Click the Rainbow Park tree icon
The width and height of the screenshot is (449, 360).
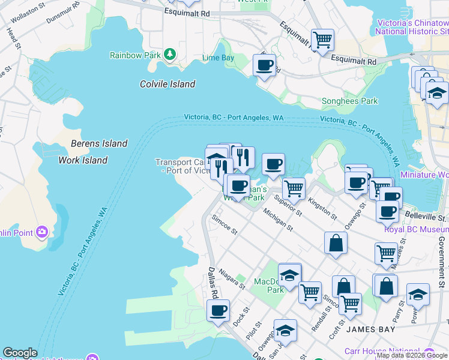pos(170,55)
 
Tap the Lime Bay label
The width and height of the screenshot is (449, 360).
pos(218,58)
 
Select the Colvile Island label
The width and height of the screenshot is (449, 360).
pos(167,84)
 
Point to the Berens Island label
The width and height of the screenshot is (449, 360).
pos(99,143)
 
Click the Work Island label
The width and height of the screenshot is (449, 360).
pos(83,160)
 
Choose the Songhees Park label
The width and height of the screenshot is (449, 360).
pos(350,101)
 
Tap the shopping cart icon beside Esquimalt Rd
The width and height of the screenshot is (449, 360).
pos(323,40)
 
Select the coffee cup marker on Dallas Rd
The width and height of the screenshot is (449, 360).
pos(218,311)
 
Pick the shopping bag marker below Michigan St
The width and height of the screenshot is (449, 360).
pos(336,243)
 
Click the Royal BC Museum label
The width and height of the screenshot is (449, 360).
pos(416,229)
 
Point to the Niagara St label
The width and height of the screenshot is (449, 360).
pos(232,279)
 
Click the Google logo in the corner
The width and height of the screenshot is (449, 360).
pos(20,353)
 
